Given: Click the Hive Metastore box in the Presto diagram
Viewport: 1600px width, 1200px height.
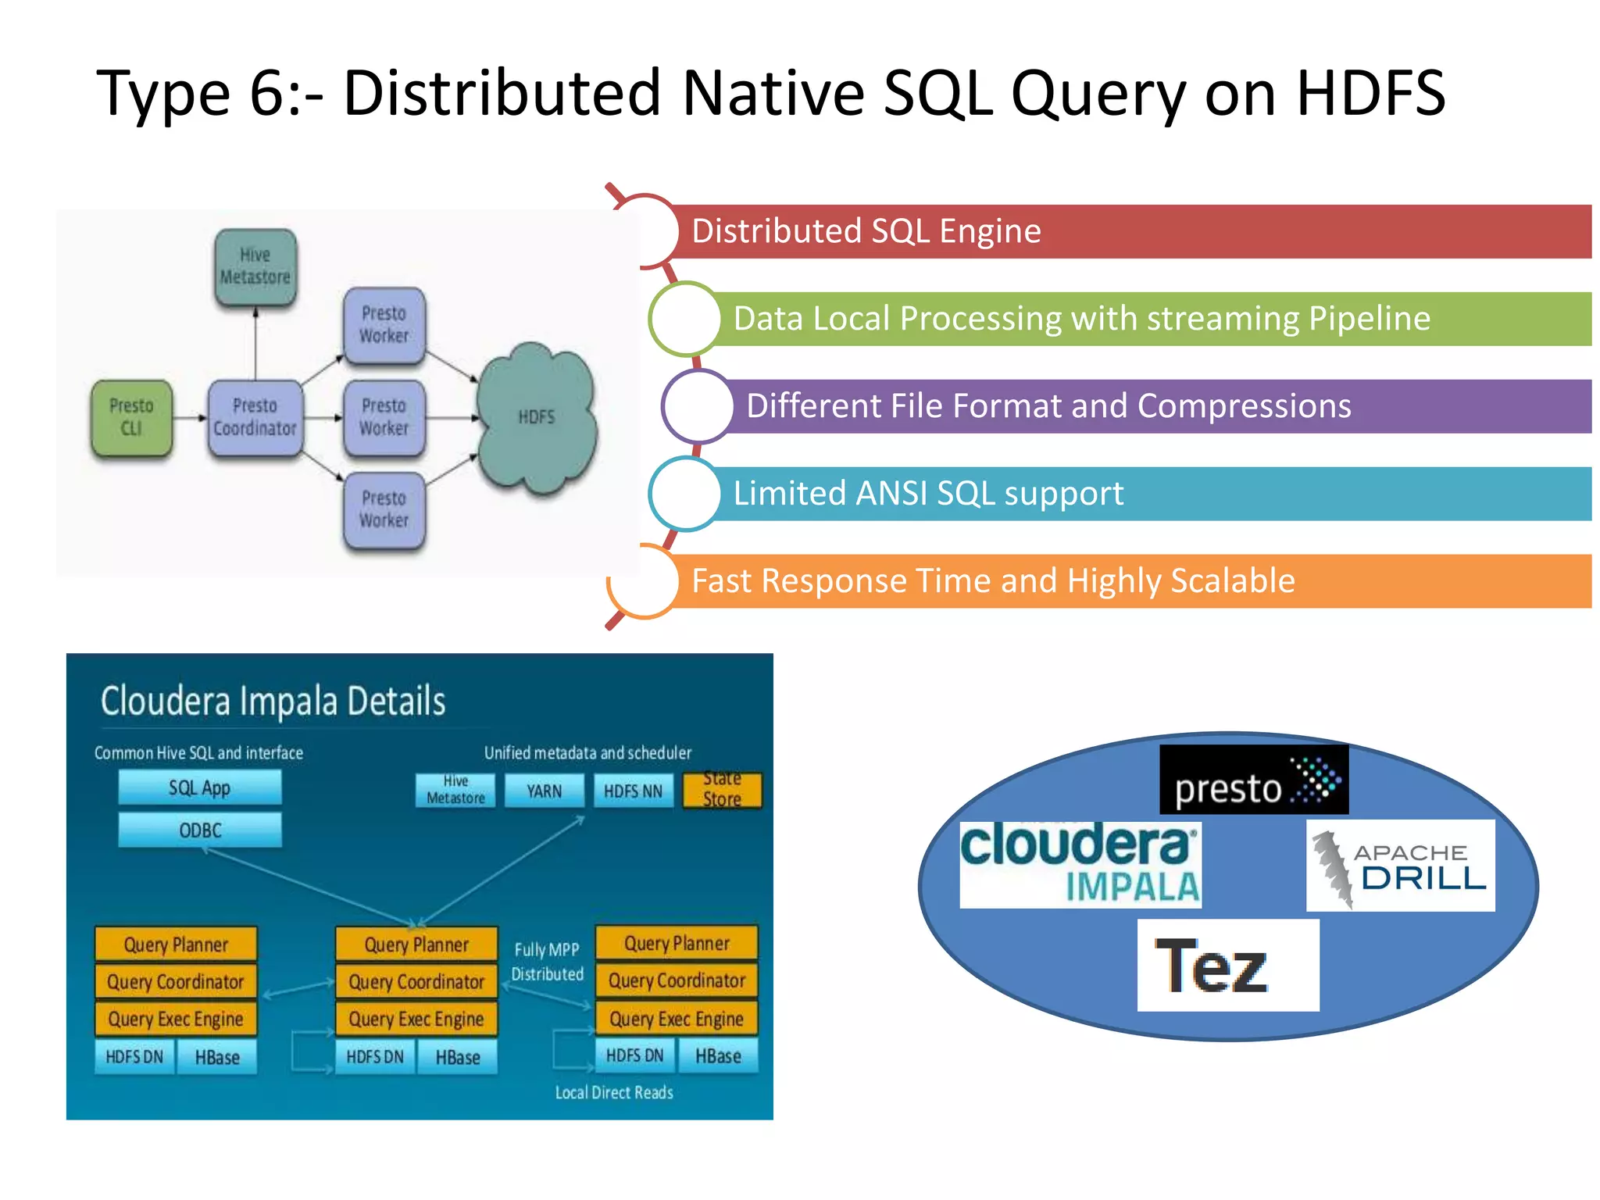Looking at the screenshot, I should (255, 266).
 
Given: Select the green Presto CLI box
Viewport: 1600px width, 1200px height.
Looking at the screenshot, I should (131, 417).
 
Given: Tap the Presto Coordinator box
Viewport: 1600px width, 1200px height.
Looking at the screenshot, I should (255, 417).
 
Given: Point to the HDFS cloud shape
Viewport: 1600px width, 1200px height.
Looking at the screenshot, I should (537, 417).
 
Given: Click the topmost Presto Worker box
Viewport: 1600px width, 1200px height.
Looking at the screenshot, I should (384, 325).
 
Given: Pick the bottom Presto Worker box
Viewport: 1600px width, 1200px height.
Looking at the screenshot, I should (384, 509).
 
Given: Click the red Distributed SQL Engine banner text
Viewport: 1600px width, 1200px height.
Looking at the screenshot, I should (866, 231).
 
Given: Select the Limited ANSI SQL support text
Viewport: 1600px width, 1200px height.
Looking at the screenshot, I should (927, 494).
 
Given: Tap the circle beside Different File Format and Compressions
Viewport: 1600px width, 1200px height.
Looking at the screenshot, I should (698, 406).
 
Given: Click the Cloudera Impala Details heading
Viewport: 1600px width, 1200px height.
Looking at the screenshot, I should (273, 701).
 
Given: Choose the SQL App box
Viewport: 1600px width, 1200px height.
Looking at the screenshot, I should (200, 787).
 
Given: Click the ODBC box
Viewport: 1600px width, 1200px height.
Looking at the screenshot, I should (200, 830).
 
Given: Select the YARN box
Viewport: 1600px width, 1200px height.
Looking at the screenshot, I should (544, 791).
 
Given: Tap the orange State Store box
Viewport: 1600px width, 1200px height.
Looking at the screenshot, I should (722, 790).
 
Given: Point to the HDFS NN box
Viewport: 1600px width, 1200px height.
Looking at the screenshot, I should (633, 791).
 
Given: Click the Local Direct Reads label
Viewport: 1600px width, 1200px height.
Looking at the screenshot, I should (614, 1092).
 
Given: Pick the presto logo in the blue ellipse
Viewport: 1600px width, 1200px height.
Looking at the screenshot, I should (1253, 780).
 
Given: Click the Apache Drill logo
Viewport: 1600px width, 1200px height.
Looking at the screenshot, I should (1400, 866).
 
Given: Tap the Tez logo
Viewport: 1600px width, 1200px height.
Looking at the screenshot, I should (1227, 966).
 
